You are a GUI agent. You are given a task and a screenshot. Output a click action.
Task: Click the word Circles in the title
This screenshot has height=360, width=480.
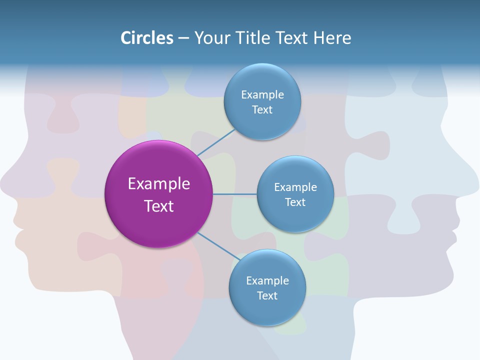click(147, 38)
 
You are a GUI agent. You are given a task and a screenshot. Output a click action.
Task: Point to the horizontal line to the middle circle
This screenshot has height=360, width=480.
click(234, 194)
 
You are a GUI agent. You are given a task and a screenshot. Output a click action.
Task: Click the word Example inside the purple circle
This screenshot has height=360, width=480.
click(158, 183)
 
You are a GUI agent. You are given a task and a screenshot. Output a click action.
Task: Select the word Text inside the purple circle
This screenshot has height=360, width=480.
click(158, 206)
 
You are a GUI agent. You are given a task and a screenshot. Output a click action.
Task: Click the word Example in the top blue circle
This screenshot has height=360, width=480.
click(262, 94)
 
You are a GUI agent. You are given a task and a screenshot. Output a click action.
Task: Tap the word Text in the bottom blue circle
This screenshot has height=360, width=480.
click(267, 295)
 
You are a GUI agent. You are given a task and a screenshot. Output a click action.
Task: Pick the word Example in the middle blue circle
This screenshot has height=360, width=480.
click(295, 187)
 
